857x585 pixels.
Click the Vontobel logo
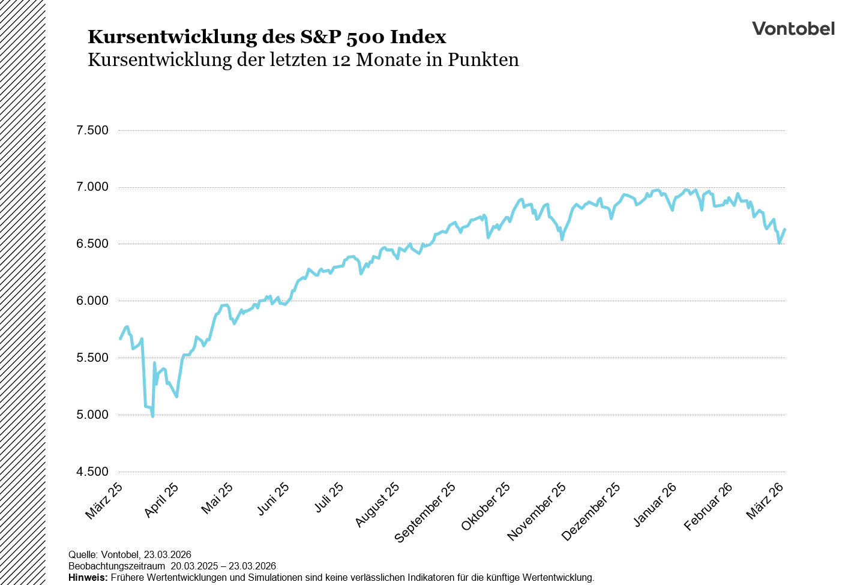pyautogui.click(x=793, y=29)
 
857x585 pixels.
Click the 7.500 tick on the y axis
pyautogui.click(x=92, y=130)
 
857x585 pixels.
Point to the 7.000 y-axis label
pyautogui.click(x=92, y=187)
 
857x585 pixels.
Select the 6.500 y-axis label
pyautogui.click(x=92, y=244)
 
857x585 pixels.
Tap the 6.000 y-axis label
pyautogui.click(x=92, y=301)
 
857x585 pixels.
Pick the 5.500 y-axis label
pyautogui.click(x=92, y=358)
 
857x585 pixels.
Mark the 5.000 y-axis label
pyautogui.click(x=92, y=415)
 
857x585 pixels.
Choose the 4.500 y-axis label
pyautogui.click(x=92, y=472)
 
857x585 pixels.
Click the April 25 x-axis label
pyautogui.click(x=161, y=500)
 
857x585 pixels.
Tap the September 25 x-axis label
pyautogui.click(x=425, y=513)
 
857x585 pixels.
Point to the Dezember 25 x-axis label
pyautogui.click(x=591, y=512)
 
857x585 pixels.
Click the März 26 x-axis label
pyautogui.click(x=765, y=501)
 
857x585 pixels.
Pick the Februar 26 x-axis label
pyautogui.click(x=708, y=507)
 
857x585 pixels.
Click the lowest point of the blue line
pyautogui.click(x=152, y=416)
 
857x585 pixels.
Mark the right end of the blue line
pyautogui.click(x=785, y=229)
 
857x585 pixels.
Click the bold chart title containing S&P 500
pyautogui.click(x=267, y=37)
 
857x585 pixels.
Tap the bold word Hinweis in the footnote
pyautogui.click(x=88, y=577)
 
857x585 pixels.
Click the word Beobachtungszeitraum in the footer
pyautogui.click(x=116, y=566)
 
